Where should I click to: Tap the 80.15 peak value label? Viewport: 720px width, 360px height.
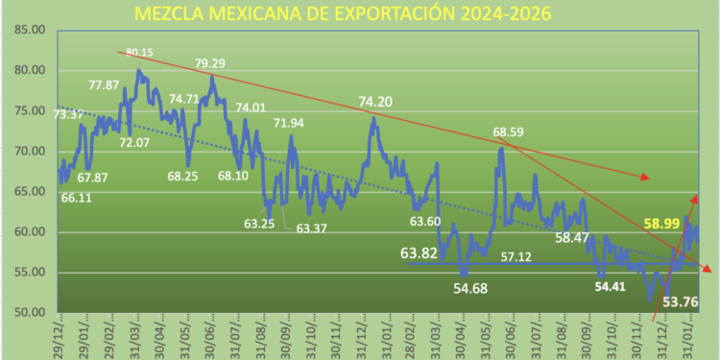pyautogui.click(x=139, y=53)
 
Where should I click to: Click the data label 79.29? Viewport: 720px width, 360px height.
pyautogui.click(x=210, y=64)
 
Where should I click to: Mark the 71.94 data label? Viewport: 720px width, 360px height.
pyautogui.click(x=288, y=124)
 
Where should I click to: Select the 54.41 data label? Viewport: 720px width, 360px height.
pyautogui.click(x=613, y=286)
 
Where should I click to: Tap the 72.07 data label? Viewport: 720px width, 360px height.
pyautogui.click(x=134, y=143)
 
